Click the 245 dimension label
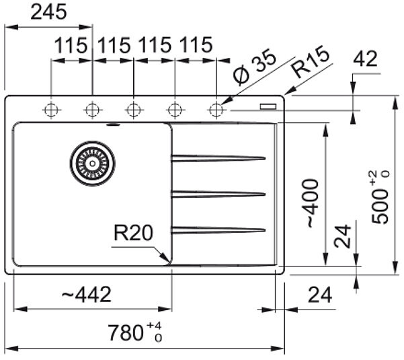click(48, 12)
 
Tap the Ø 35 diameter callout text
click(254, 67)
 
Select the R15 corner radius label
click(311, 62)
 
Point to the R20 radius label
click(133, 233)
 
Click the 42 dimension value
click(365, 59)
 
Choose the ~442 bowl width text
click(86, 294)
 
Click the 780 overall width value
click(126, 333)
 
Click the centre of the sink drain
click(93, 164)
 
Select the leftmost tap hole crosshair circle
click(51, 110)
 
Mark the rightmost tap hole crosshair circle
click(216, 110)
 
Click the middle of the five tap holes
click(134, 110)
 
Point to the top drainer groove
click(218, 158)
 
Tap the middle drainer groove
click(218, 194)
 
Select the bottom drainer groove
click(218, 230)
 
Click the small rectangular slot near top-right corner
click(268, 106)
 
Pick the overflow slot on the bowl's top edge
click(113, 125)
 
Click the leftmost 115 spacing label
click(71, 45)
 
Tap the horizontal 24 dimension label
click(320, 295)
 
